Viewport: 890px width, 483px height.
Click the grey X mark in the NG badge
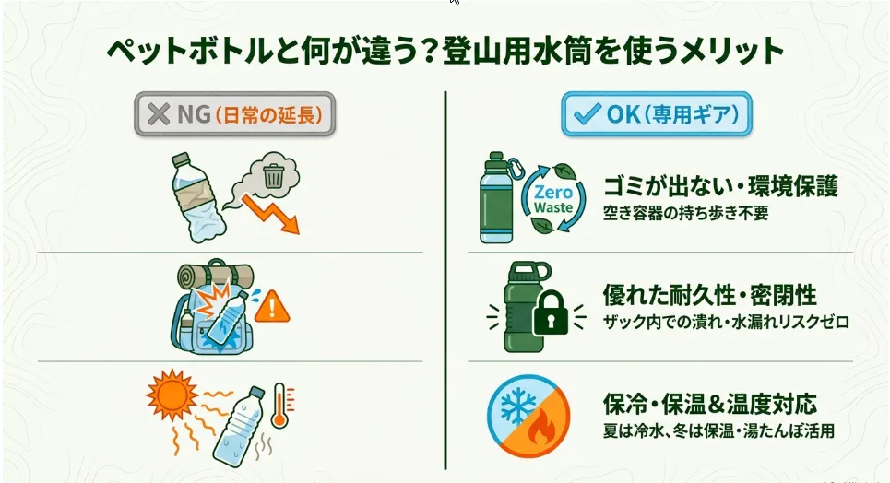159,114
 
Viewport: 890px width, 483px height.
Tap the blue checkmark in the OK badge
587,114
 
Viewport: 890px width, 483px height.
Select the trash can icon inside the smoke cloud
274,176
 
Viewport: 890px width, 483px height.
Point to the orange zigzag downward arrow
271,214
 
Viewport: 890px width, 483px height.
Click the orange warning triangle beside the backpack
272,307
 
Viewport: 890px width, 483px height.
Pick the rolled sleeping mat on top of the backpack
215,277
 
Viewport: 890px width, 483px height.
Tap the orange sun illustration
172,395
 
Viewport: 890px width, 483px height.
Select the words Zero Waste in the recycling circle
553,199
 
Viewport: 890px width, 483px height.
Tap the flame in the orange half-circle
542,427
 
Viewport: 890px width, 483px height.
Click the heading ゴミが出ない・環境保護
720,186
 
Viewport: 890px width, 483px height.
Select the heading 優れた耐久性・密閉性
709,295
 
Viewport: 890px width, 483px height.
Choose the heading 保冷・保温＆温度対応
709,404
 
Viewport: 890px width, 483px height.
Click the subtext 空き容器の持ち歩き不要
685,213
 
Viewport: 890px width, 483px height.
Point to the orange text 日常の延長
269,114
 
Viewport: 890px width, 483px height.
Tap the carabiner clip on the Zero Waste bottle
516,166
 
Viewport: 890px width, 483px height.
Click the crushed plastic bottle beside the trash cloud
197,197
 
